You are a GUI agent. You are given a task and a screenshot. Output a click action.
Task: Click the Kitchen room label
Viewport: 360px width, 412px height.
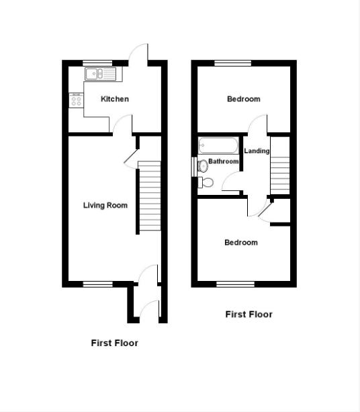click(115, 99)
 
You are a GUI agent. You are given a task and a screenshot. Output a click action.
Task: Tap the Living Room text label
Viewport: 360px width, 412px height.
click(105, 205)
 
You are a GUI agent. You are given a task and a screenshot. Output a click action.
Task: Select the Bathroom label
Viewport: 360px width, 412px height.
click(223, 162)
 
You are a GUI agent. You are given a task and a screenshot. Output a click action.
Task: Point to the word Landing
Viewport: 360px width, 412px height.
click(257, 151)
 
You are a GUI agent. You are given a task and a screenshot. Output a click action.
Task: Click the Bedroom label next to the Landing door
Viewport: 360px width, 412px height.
click(243, 99)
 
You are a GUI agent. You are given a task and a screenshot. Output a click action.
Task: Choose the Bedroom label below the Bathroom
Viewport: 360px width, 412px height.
click(240, 243)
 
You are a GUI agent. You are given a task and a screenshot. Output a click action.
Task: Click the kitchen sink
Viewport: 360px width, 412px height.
click(99, 73)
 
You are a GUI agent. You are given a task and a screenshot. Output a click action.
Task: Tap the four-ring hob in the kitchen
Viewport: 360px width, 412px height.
click(76, 101)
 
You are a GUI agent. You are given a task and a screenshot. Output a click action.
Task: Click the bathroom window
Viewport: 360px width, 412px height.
click(194, 166)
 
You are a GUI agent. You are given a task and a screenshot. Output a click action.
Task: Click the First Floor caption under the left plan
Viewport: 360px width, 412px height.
click(114, 343)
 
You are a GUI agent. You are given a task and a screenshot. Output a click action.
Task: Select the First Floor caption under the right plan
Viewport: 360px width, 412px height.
click(249, 314)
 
